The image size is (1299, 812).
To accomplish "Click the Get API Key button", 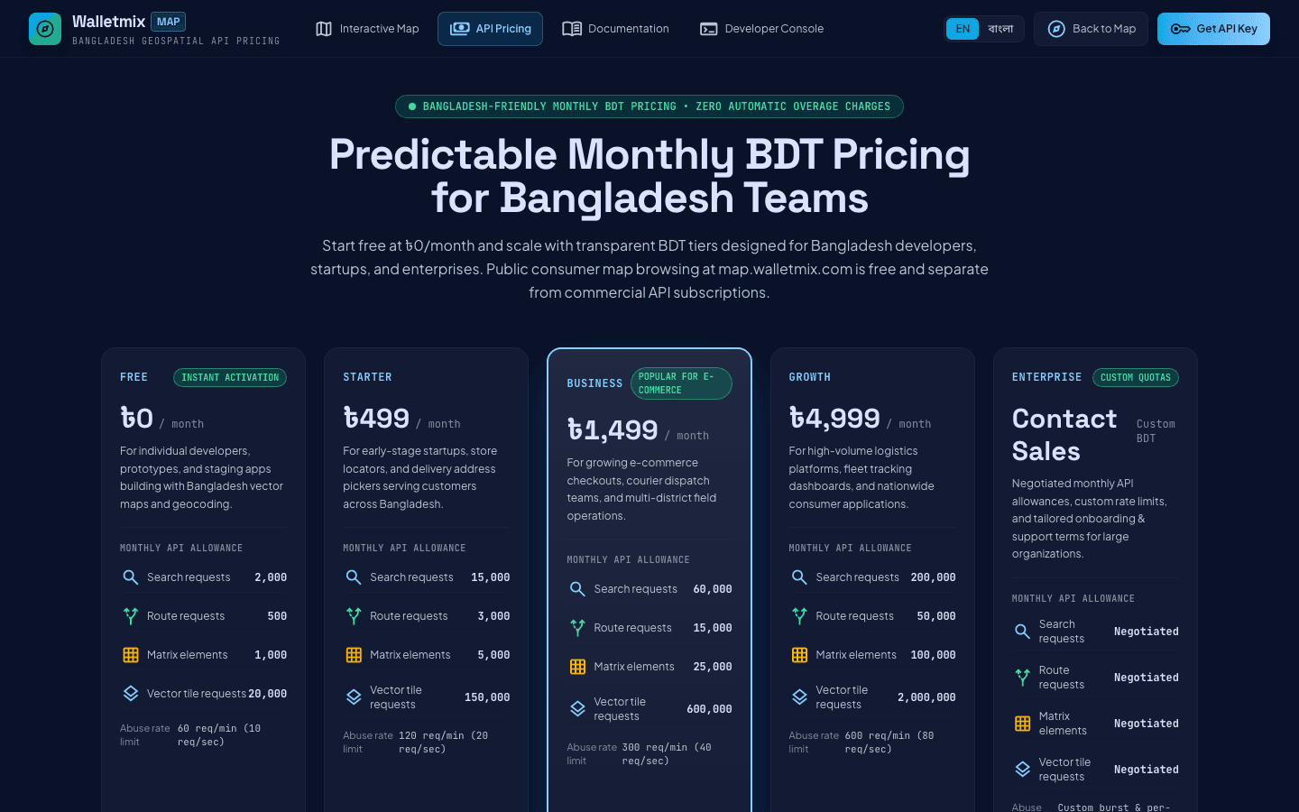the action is click(x=1213, y=29).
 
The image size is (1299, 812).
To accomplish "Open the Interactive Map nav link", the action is click(x=367, y=29).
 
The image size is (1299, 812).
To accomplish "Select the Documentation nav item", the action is click(x=615, y=29).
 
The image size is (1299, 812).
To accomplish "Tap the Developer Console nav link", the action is click(x=761, y=29).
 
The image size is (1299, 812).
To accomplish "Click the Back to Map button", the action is click(x=1091, y=29).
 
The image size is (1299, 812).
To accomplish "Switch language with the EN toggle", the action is click(x=963, y=29).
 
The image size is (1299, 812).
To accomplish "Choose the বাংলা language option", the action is click(x=1000, y=29).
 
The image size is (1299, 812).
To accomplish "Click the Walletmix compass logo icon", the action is click(x=45, y=29).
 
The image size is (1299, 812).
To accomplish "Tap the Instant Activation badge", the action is click(x=230, y=377).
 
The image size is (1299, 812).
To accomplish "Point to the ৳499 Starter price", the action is click(x=376, y=419).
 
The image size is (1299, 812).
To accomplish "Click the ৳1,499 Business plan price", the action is click(x=613, y=429).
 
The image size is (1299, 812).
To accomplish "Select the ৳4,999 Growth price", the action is click(x=834, y=419).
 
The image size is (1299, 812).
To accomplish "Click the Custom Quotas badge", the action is click(x=1136, y=377).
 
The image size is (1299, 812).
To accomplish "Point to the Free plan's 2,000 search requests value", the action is click(x=271, y=577).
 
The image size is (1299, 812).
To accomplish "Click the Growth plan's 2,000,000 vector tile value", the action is click(x=926, y=697).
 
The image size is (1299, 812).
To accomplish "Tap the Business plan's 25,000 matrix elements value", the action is click(x=713, y=667).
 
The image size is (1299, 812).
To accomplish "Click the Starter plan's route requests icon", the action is click(x=354, y=616).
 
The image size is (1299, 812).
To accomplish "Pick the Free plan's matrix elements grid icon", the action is click(x=131, y=655).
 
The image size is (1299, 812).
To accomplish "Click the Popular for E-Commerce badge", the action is click(x=681, y=383).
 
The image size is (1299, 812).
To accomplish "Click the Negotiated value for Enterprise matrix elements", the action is click(x=1147, y=724).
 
